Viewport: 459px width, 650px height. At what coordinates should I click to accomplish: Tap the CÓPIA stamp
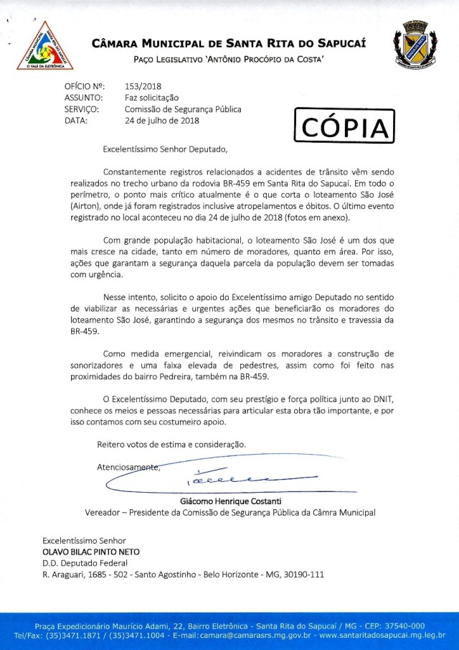click(345, 127)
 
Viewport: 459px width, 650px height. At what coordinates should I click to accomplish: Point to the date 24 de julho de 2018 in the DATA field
click(163, 120)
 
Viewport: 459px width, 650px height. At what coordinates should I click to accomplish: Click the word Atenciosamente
click(128, 468)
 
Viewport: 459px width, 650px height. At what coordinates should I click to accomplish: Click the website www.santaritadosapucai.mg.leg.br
click(382, 636)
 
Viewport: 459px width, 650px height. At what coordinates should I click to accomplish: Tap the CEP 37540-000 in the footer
click(397, 625)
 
